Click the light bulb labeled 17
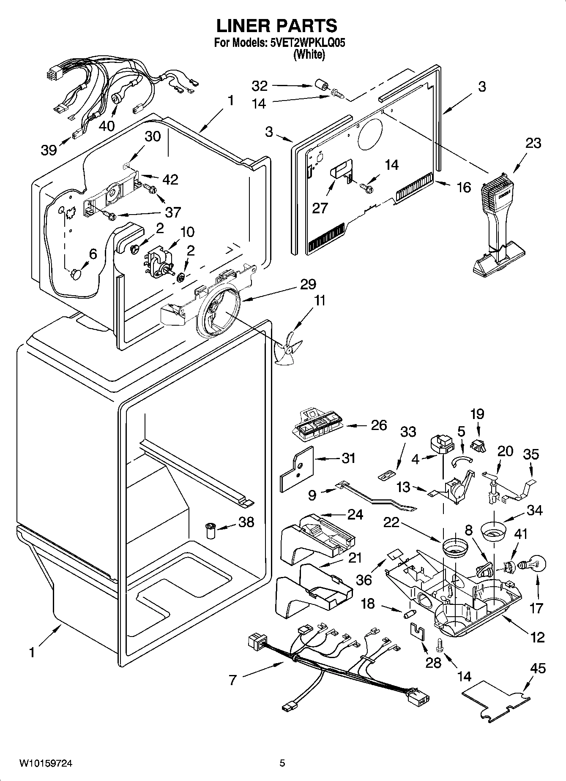coord(534,564)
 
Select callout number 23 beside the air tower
coord(533,143)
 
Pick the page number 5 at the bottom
coord(282,763)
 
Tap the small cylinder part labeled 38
coord(210,530)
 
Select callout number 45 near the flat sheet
coord(537,669)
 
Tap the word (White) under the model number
coord(309,54)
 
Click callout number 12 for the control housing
coord(537,637)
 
